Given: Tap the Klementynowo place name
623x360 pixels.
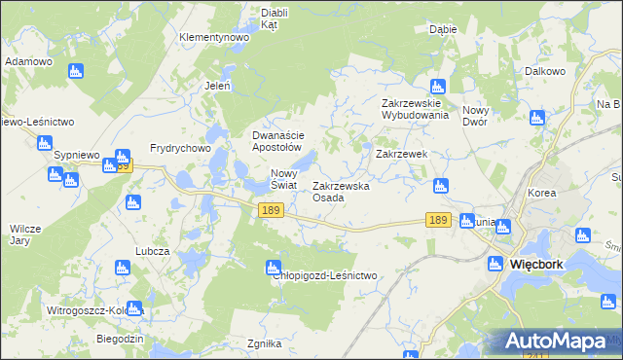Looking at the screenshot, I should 214,37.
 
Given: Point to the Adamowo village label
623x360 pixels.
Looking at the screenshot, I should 28,60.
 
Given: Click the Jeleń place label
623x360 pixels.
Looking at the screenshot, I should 216,86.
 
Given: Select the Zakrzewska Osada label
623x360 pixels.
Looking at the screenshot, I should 341,192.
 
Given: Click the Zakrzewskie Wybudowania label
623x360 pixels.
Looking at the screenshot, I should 415,108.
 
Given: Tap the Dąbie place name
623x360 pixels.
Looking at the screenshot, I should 443,29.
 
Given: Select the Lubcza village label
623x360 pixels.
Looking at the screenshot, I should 153,250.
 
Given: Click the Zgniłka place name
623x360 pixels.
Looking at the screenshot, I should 265,343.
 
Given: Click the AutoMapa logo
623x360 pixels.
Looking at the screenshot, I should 555,342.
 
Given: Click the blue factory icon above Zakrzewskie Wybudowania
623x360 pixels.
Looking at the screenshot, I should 438,87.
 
